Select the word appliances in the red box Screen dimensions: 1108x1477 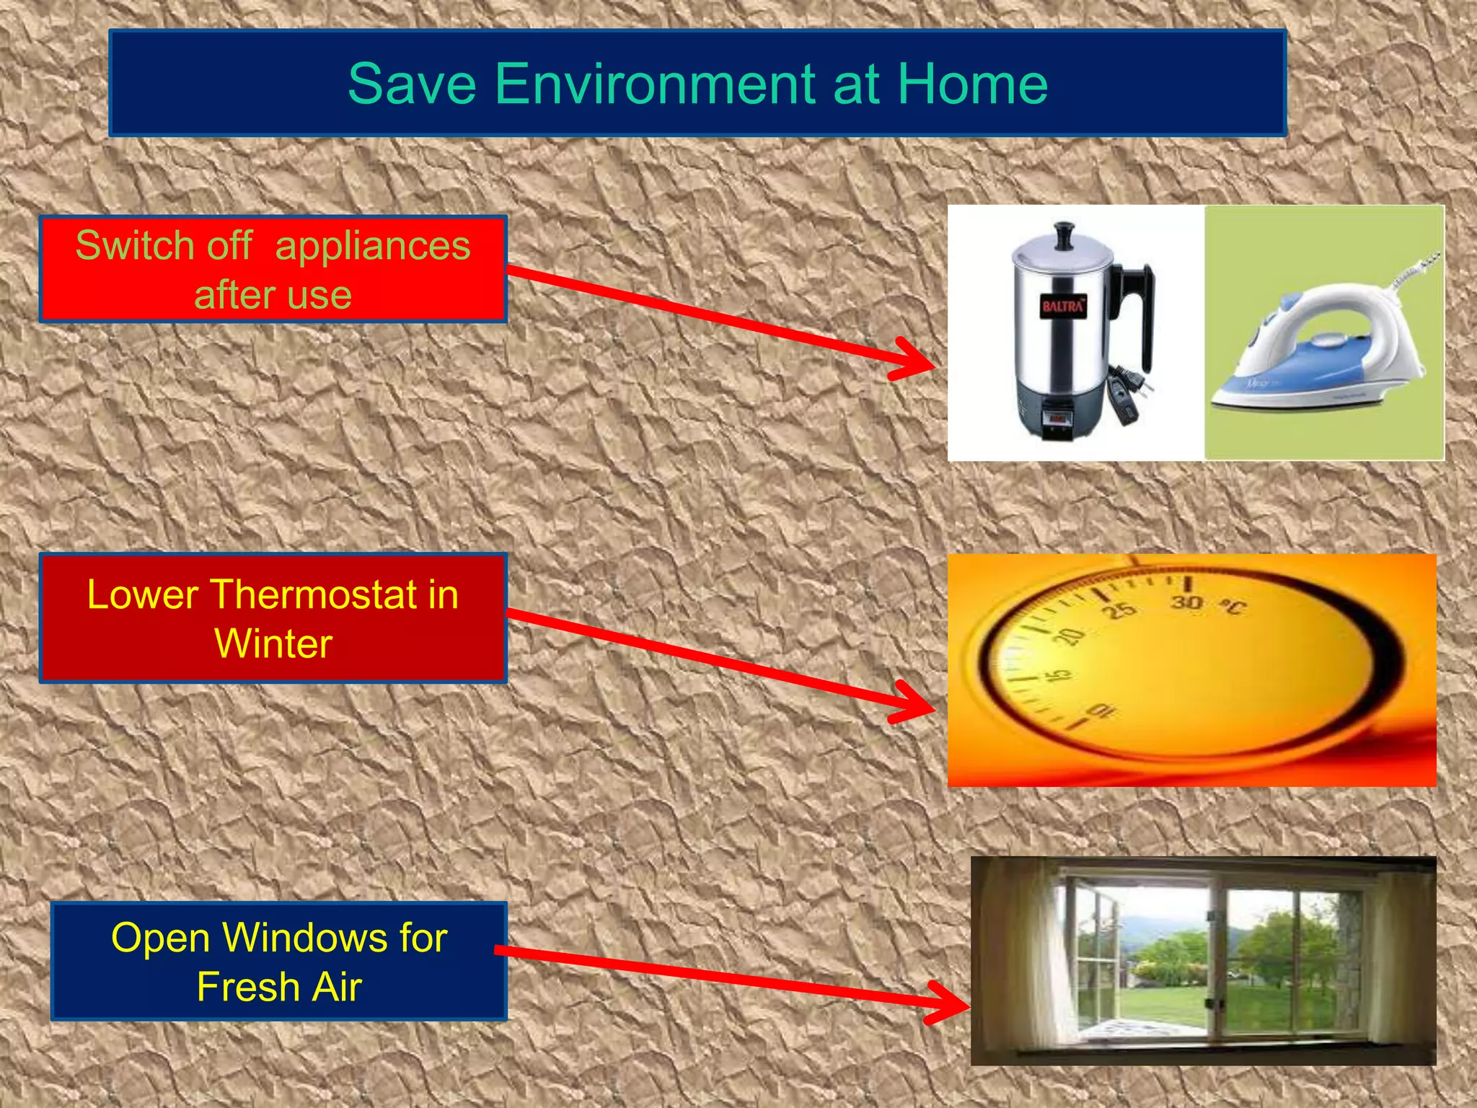[x=372, y=246]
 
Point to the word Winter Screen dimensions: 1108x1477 [x=273, y=643]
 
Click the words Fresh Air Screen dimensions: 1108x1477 [x=279, y=987]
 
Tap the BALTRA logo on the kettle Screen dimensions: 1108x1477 [x=1062, y=306]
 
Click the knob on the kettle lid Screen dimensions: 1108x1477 [x=1064, y=235]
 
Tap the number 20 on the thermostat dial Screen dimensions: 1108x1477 [x=1070, y=636]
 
